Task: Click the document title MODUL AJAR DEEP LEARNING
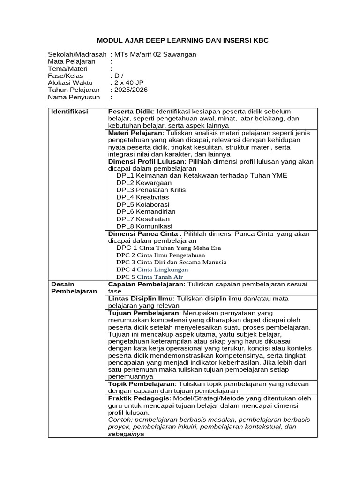[x=182, y=41]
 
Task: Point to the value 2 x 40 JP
[x=128, y=83]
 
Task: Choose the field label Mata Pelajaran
[x=71, y=61]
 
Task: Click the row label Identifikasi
[x=70, y=112]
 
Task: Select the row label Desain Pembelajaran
[x=74, y=287]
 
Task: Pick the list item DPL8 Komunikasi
[x=144, y=226]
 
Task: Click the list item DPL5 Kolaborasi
[x=143, y=204]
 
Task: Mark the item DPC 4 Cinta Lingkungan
[x=152, y=270]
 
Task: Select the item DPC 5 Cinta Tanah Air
[x=150, y=277]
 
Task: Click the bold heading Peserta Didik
[x=131, y=112]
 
